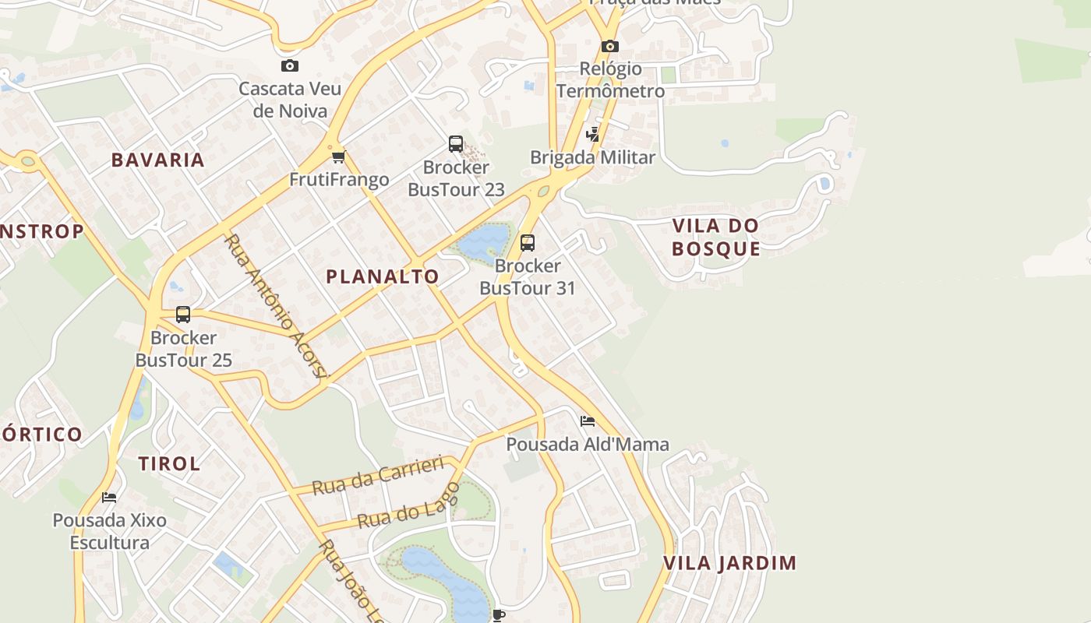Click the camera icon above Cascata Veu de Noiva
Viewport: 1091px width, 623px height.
[289, 66]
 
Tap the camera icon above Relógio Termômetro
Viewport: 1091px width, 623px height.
[609, 47]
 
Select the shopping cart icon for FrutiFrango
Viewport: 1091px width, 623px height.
[338, 157]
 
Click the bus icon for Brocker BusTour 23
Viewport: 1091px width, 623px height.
[456, 144]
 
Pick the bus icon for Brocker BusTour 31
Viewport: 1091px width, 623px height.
[528, 243]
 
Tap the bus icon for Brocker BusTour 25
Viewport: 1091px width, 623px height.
[183, 315]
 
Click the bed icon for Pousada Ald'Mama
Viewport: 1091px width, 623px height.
[588, 421]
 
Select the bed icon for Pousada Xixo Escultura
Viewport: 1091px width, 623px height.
[109, 497]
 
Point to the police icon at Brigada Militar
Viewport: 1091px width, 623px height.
[593, 135]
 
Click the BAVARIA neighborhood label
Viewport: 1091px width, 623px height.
[157, 160]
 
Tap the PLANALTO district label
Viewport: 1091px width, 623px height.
[383, 276]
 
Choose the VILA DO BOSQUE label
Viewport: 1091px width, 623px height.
[715, 238]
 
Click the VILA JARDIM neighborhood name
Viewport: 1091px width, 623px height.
[730, 563]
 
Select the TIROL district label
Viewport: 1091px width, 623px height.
[169, 464]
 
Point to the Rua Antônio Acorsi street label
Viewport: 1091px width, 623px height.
[276, 306]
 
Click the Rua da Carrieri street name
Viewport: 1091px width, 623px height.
[378, 476]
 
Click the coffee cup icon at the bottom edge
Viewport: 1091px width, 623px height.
[499, 615]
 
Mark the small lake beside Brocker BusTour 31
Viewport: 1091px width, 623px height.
[482, 242]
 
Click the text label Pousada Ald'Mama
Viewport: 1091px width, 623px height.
[588, 445]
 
